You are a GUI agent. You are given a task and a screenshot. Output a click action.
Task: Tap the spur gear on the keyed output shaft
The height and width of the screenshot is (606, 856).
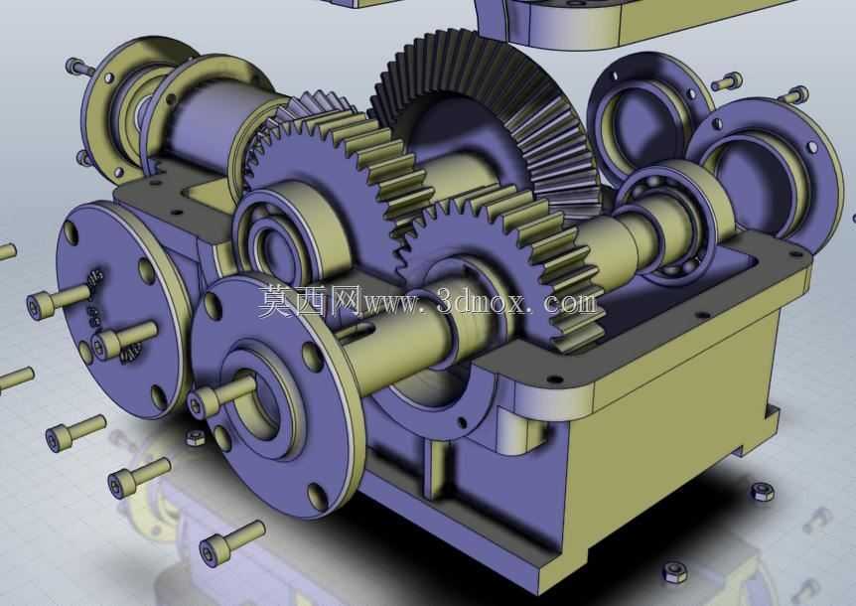coord(507,256)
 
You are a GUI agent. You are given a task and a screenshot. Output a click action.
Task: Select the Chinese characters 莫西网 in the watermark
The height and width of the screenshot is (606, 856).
coord(310,301)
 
